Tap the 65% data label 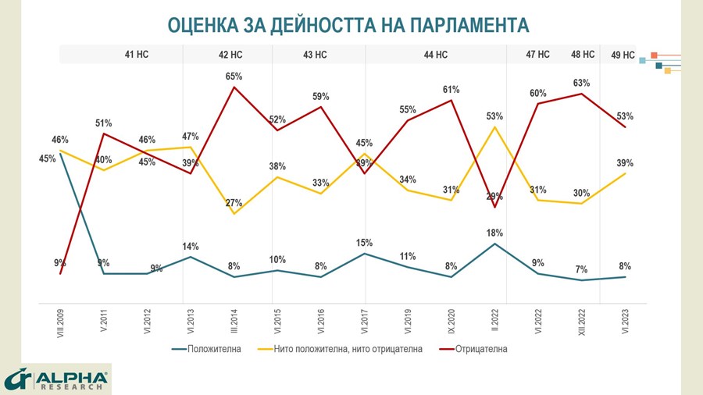tap(234, 77)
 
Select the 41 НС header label tap(138, 55)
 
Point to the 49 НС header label tap(622, 55)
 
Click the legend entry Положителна tap(213, 349)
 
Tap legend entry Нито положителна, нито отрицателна tap(348, 349)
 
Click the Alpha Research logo tap(56, 379)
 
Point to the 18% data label tap(494, 233)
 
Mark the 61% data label tap(451, 90)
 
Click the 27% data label tap(234, 203)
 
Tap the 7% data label tap(581, 269)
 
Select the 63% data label tap(581, 83)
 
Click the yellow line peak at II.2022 tap(494, 126)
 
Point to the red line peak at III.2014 tap(234, 87)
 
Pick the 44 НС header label tap(435, 55)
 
